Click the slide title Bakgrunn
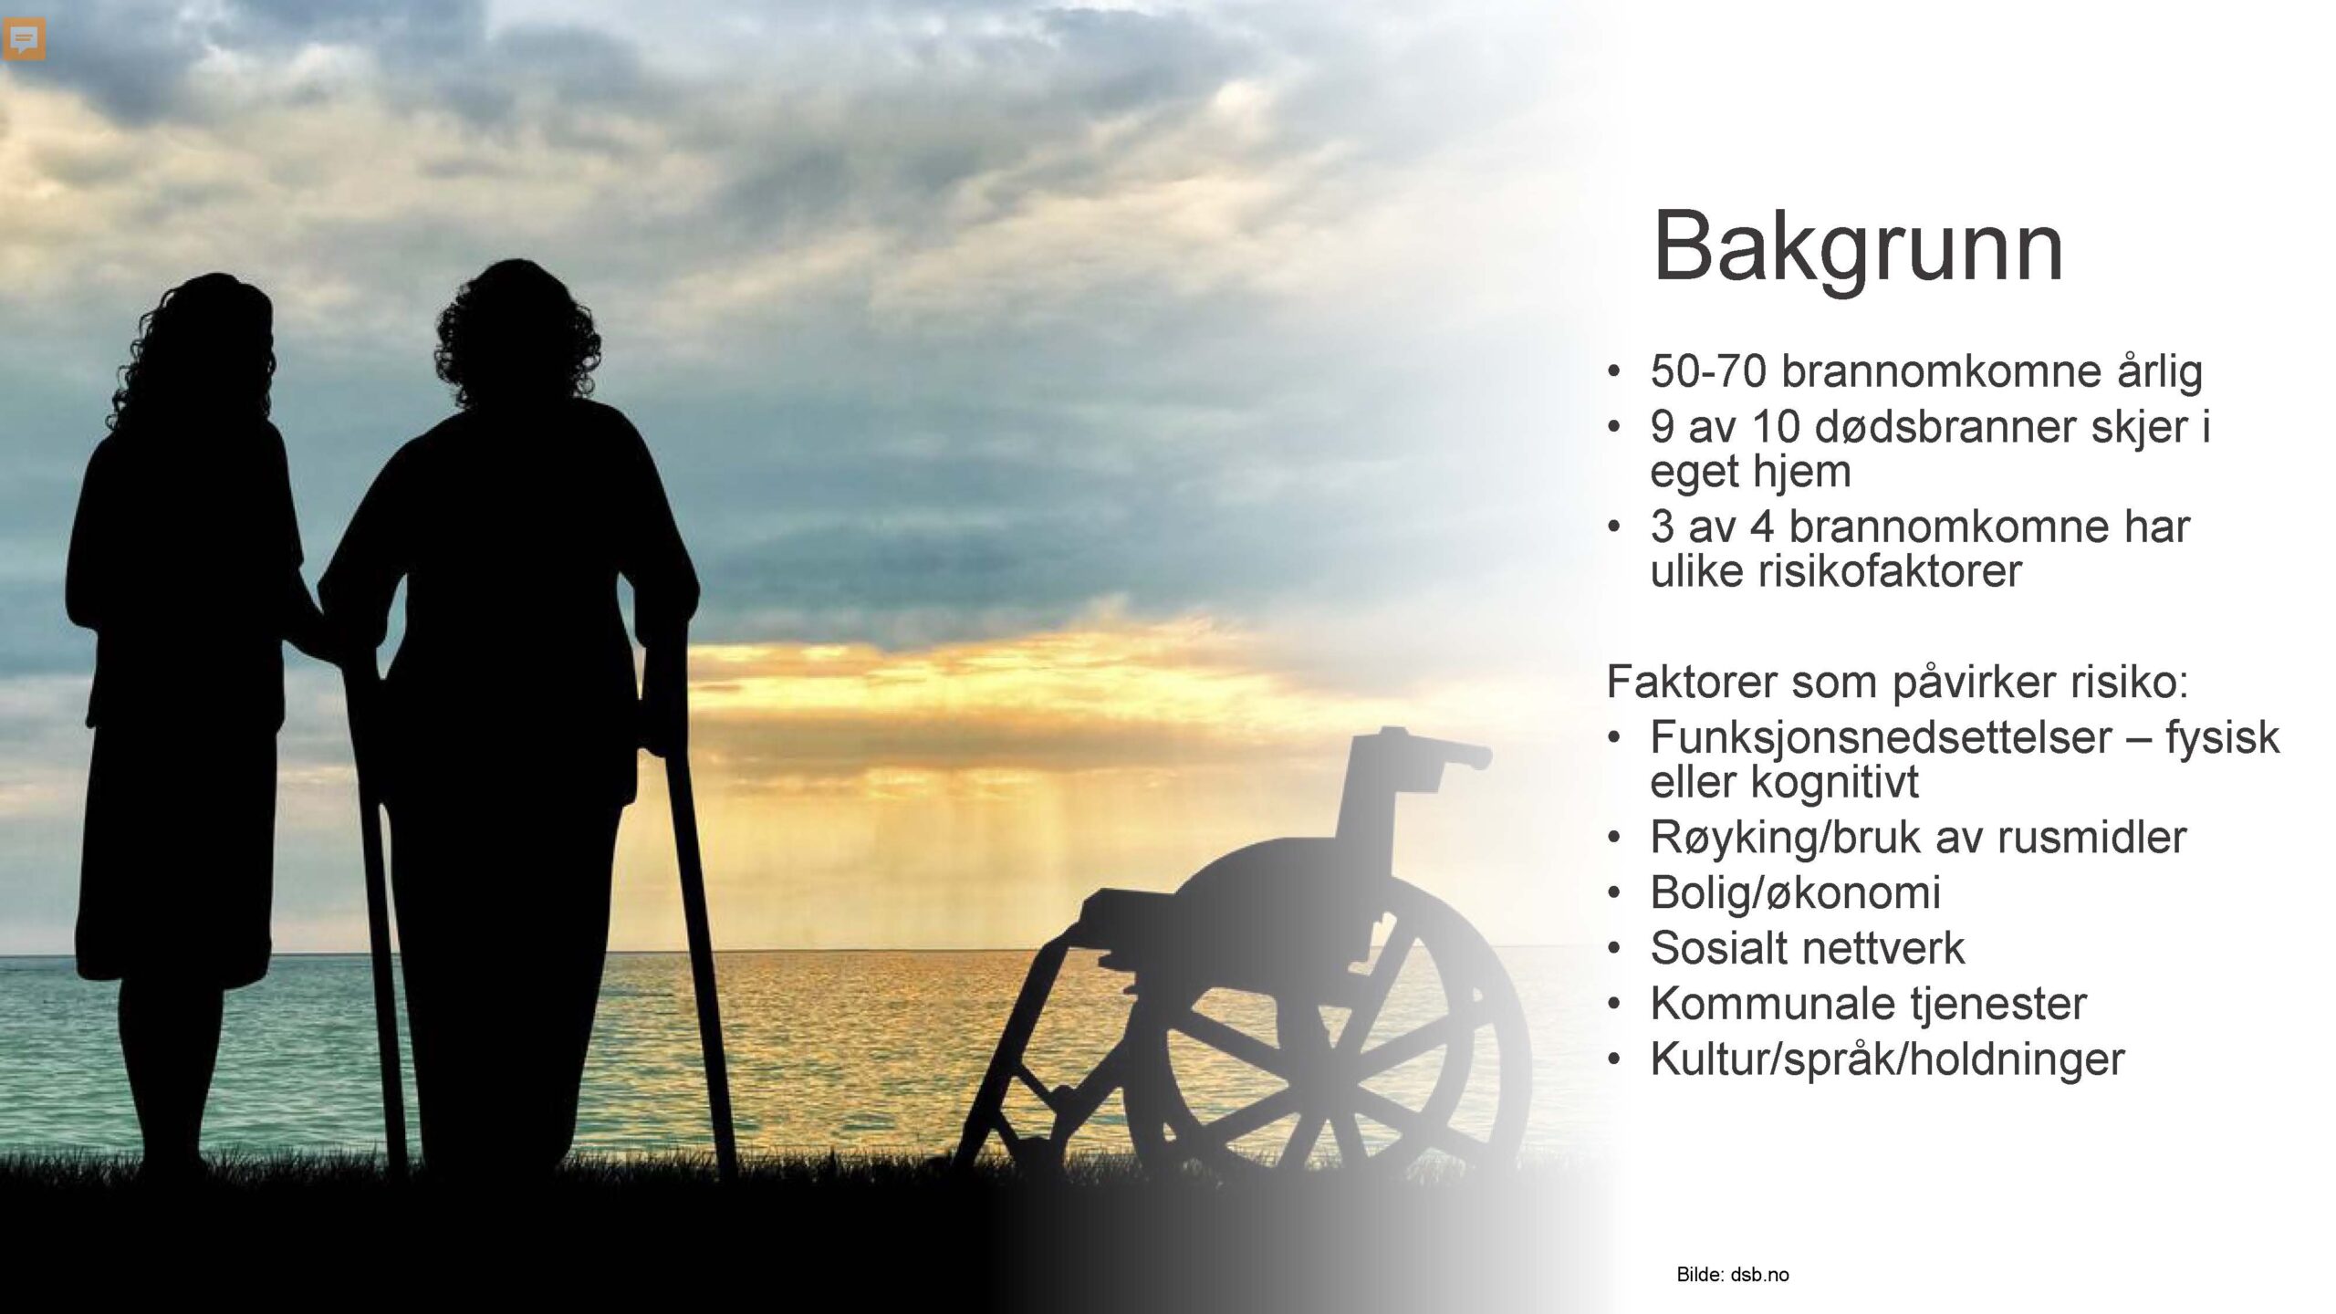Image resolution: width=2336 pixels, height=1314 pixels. point(1858,248)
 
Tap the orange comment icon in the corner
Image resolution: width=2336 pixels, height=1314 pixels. point(25,40)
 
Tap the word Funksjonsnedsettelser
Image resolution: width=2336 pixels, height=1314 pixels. point(1881,737)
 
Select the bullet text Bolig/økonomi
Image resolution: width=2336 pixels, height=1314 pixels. point(1795,892)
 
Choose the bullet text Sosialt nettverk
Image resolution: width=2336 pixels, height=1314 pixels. point(1807,947)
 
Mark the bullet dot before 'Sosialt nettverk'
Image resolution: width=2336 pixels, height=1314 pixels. point(1614,949)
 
